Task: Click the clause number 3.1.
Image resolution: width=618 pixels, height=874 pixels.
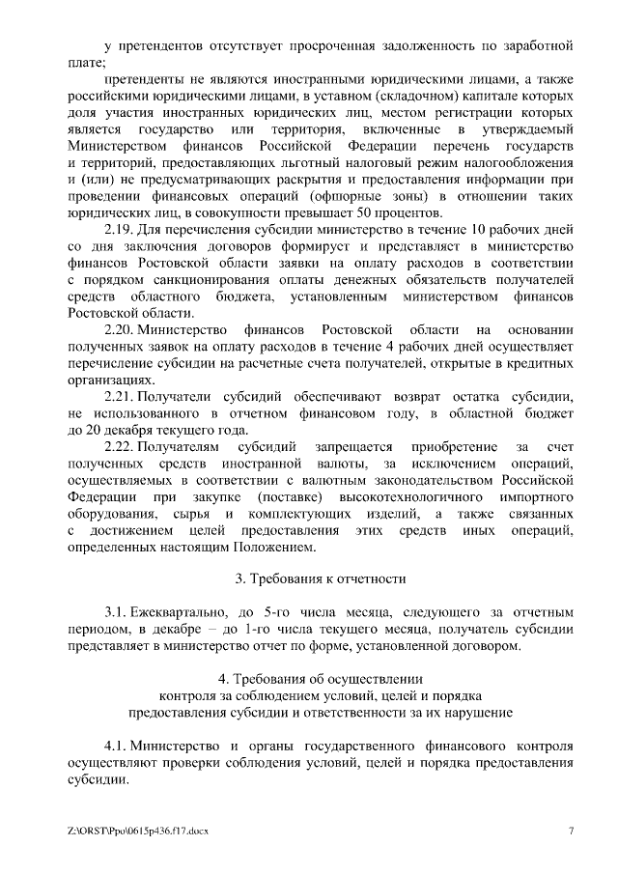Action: [x=115, y=612]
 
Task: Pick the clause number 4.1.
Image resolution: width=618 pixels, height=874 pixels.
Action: [x=115, y=747]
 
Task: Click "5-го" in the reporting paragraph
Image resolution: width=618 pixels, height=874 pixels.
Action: [x=282, y=612]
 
